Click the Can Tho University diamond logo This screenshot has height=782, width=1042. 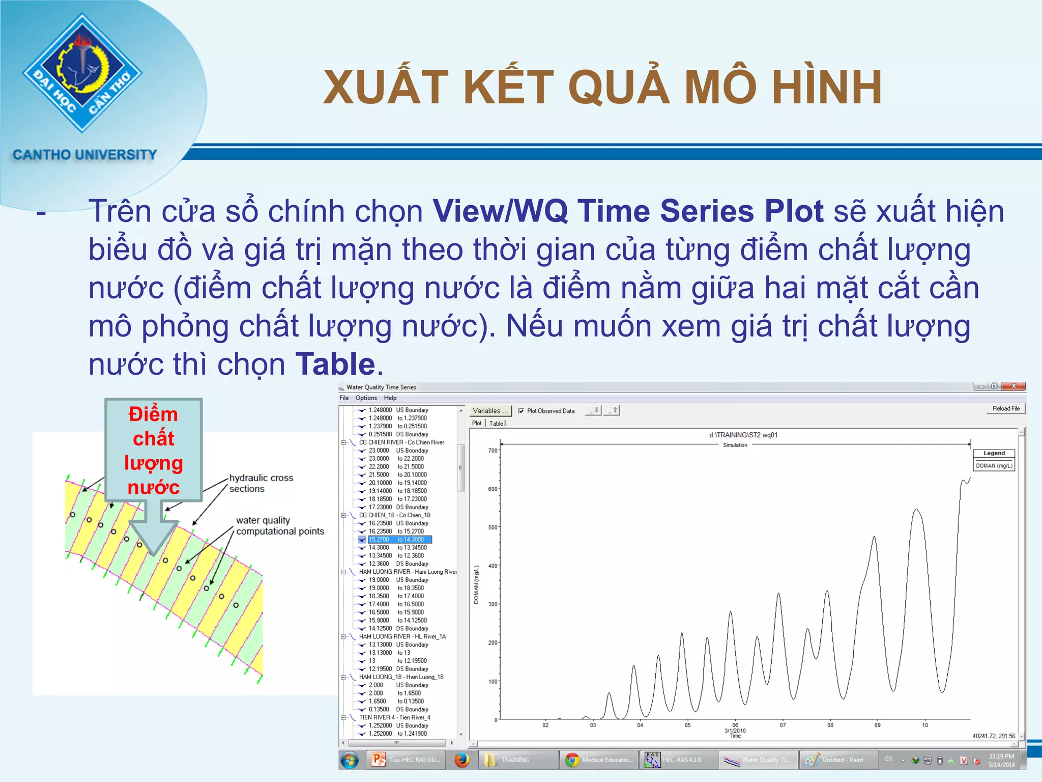[x=82, y=73]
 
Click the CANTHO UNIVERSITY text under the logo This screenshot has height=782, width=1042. [x=84, y=155]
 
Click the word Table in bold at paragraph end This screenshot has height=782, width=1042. [x=335, y=364]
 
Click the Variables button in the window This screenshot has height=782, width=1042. [x=489, y=411]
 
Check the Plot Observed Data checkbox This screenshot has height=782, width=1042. [x=521, y=411]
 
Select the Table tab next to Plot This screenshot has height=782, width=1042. [x=496, y=424]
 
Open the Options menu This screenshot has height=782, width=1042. [x=366, y=398]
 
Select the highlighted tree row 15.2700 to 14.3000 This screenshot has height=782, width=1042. [x=399, y=540]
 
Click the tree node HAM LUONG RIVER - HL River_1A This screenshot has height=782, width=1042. [x=402, y=637]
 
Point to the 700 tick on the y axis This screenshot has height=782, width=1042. [x=493, y=451]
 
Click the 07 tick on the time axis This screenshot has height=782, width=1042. [x=783, y=725]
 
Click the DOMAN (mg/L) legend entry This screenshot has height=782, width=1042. [x=994, y=466]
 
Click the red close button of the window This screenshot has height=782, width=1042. [x=1013, y=386]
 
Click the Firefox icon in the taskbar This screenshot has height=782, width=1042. [x=461, y=760]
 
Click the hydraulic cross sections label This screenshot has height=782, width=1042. [x=261, y=483]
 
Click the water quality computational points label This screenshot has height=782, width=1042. [x=279, y=526]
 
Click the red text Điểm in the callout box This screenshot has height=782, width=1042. [x=153, y=414]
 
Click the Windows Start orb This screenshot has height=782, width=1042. [x=350, y=760]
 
